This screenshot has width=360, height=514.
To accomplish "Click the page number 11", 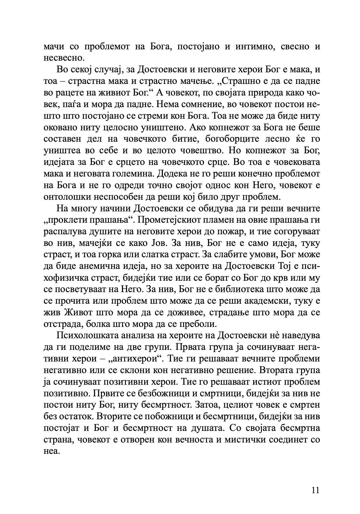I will [315, 490].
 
